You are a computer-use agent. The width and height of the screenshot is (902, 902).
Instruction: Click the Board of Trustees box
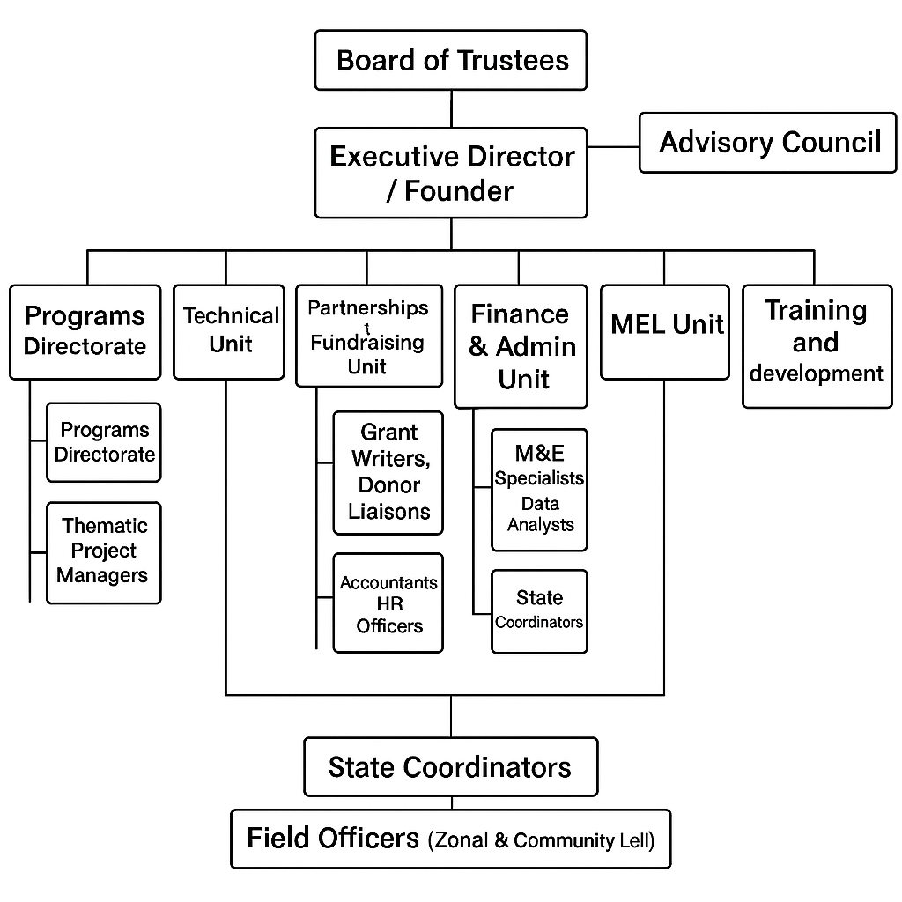pos(451,60)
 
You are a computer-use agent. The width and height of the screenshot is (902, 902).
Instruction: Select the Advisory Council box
pos(768,143)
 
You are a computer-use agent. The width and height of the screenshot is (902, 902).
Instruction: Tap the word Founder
pos(458,191)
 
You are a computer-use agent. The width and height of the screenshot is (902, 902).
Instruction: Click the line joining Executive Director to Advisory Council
pos(613,147)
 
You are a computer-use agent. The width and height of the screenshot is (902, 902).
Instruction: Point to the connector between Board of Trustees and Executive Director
pos(452,108)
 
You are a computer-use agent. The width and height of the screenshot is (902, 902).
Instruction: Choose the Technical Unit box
pos(229,332)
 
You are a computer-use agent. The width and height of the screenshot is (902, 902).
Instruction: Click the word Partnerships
pos(368,307)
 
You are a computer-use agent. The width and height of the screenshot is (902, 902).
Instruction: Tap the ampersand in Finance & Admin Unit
pos(478,347)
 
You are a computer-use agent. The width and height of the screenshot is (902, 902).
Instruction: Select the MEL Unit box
pos(665,332)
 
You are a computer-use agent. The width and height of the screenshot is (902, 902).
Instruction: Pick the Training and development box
pos(817,346)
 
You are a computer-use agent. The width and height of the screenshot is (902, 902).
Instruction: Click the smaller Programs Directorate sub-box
pos(104,442)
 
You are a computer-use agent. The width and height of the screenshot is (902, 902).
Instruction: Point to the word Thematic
pos(105,526)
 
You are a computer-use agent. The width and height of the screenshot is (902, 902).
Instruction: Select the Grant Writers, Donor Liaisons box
pos(388,473)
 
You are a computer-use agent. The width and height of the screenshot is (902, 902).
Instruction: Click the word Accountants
pos(388,583)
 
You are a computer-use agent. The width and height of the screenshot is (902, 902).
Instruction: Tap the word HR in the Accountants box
pos(390,604)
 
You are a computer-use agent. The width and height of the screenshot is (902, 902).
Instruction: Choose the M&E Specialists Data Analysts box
pos(540,490)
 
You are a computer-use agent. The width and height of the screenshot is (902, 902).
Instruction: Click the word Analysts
pos(541,525)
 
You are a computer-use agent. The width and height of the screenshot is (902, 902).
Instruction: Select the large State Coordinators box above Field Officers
pos(451,767)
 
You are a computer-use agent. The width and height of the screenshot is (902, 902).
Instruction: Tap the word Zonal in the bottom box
pos(462,840)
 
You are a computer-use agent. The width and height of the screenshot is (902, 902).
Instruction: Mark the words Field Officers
pos(333,839)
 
